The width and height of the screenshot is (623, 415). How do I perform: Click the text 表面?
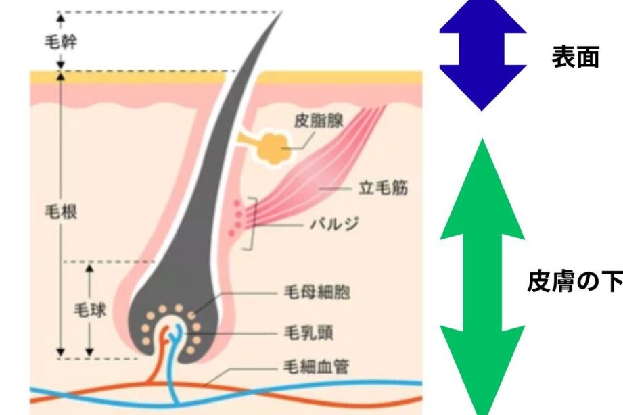click(575, 58)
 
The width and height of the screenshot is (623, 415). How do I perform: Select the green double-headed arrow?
click(482, 277)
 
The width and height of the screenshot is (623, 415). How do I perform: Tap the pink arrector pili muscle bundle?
click(325, 176)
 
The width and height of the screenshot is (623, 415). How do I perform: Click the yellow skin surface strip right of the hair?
click(338, 77)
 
